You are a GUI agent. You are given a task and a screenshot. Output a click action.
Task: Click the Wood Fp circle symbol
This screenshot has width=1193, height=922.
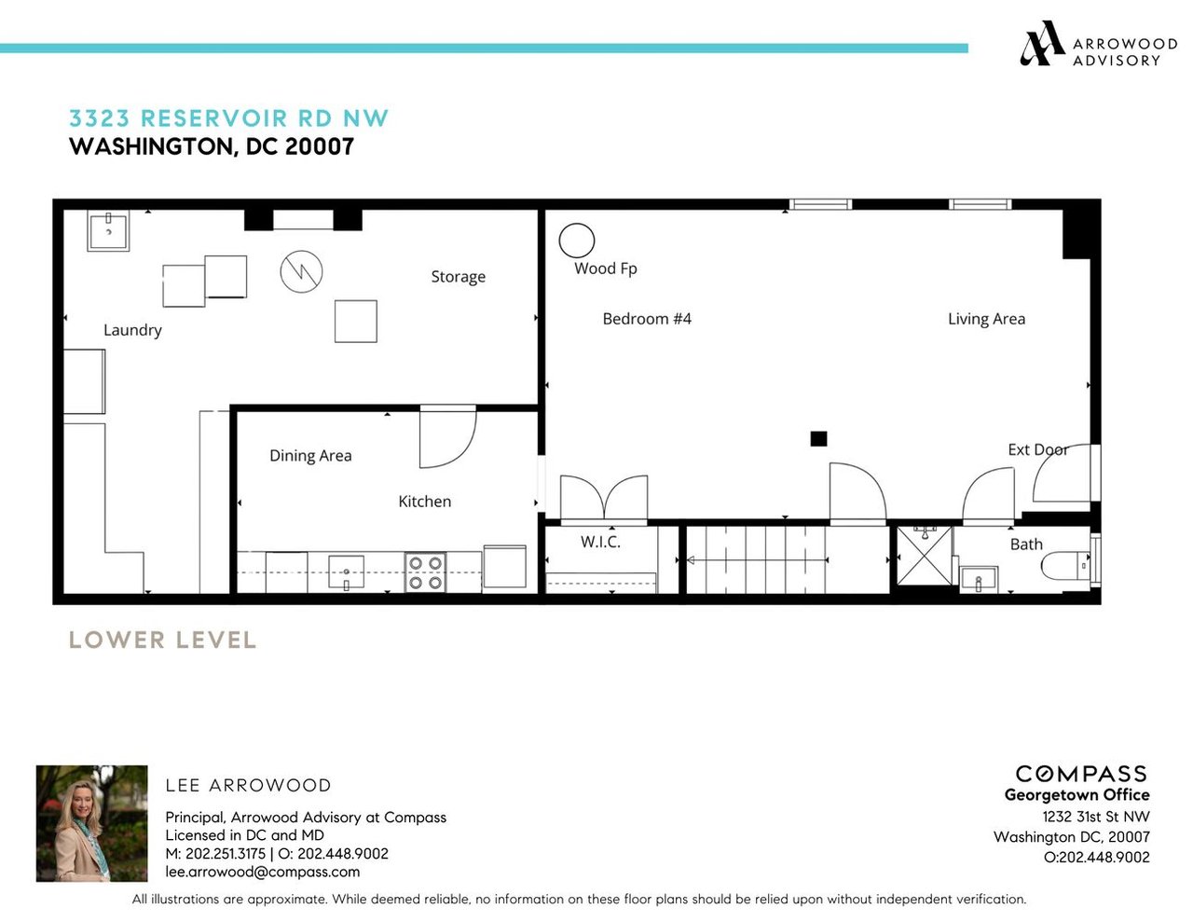point(576,224)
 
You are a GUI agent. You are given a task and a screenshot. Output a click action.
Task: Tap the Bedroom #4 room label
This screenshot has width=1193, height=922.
point(646,319)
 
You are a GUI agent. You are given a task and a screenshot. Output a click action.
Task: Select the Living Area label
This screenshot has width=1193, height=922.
point(986,319)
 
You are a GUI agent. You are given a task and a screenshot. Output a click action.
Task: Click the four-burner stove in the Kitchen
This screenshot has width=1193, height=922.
point(425,572)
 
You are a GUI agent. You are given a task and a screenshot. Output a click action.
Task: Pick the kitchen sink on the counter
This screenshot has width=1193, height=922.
point(346,571)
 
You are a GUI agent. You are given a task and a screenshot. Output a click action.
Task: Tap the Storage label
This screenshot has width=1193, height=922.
point(458,276)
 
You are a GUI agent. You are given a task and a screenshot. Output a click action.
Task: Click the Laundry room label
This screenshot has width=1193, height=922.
point(132,330)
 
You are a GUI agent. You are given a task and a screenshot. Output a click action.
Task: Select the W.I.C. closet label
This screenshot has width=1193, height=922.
point(600,542)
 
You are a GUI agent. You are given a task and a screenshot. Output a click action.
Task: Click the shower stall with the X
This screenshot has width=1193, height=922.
point(925,556)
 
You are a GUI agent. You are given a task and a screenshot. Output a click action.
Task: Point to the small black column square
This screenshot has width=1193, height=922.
point(818,438)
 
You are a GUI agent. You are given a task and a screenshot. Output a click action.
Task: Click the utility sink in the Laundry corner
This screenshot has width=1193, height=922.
point(108,230)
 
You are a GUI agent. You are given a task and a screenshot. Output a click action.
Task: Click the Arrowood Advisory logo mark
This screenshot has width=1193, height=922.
point(1041,44)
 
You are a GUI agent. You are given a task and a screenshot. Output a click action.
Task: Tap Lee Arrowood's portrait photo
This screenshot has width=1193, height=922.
point(91,823)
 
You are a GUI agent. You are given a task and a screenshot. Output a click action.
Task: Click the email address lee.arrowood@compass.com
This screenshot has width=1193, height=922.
point(263,872)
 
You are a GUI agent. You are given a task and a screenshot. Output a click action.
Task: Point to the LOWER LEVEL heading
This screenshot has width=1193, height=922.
point(162,640)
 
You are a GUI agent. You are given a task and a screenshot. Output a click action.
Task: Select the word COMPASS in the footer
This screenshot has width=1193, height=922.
point(1080,774)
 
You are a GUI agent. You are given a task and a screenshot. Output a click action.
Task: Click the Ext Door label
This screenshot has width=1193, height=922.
point(1037,449)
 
